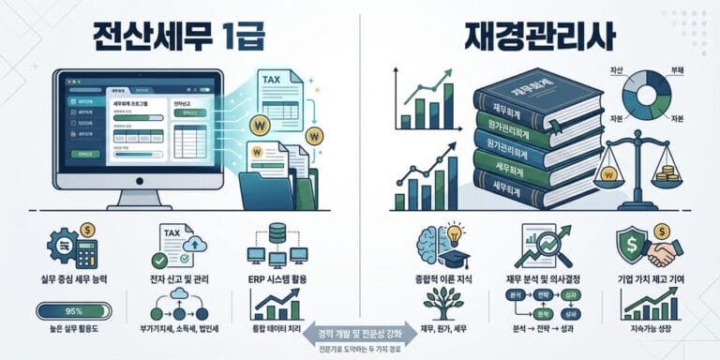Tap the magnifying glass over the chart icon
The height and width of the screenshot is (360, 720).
point(543,247)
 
